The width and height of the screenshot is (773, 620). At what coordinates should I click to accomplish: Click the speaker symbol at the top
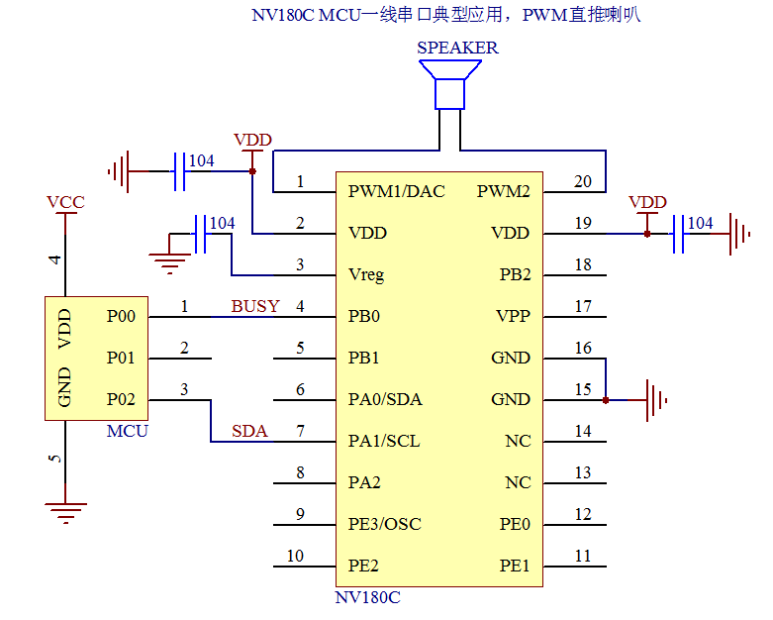(450, 83)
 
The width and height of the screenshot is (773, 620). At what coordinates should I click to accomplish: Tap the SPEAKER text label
(457, 48)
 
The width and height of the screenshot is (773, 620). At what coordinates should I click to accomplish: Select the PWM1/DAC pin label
(397, 191)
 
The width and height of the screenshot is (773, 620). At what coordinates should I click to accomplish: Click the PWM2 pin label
(504, 191)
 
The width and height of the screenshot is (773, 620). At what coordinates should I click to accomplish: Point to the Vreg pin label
(367, 274)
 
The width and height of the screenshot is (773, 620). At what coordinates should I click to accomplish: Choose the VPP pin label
(513, 316)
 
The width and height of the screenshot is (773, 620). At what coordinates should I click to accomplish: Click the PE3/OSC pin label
(385, 524)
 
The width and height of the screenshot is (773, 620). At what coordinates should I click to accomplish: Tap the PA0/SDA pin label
(385, 399)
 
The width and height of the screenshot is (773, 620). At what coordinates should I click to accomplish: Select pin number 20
(583, 181)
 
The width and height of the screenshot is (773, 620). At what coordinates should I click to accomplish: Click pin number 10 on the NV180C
(295, 556)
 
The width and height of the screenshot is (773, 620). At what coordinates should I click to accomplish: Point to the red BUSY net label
(255, 306)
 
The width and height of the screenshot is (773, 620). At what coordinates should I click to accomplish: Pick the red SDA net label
(249, 431)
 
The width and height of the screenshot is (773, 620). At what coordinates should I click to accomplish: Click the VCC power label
(65, 202)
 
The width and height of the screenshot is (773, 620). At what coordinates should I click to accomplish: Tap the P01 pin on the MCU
(121, 358)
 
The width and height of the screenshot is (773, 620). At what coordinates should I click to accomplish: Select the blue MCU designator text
(127, 431)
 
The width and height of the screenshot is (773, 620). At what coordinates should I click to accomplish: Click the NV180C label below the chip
(367, 597)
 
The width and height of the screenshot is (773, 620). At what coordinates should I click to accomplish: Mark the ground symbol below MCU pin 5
(65, 512)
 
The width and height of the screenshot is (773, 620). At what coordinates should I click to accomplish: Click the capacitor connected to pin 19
(678, 235)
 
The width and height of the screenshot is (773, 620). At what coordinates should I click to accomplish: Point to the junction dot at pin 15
(606, 400)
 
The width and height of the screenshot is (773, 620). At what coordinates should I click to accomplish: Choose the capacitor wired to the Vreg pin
(200, 235)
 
